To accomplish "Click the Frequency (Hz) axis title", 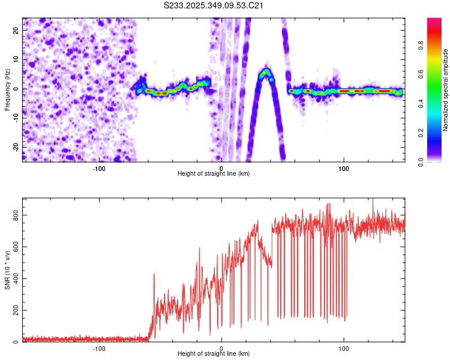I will point(7,89).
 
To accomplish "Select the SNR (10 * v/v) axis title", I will point(7,270).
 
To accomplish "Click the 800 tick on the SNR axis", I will point(16,215).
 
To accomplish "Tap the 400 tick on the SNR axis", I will point(16,278).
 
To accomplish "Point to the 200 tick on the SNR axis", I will point(16,310).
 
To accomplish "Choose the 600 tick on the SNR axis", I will point(16,247).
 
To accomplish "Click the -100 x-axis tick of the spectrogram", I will point(99,169).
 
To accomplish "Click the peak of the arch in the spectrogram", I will point(265,71).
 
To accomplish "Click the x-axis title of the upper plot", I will point(214,173).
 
